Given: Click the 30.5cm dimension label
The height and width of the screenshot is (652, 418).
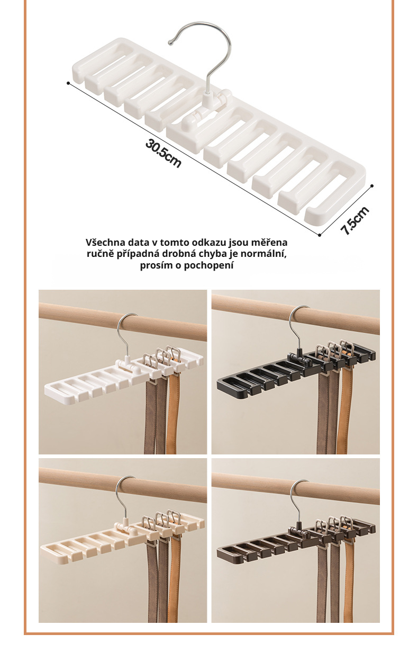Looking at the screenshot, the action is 163,153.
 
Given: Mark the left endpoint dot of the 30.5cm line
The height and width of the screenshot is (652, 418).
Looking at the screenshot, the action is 68,83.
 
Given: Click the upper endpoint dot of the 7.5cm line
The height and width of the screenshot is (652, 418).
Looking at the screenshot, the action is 372,185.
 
